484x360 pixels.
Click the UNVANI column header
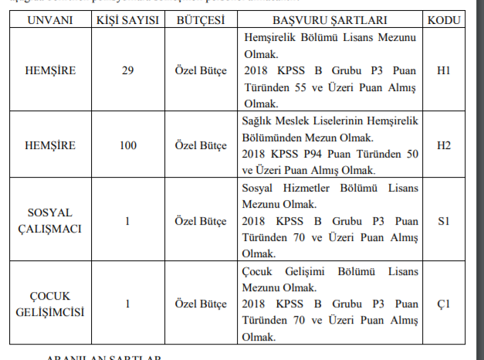click(49, 19)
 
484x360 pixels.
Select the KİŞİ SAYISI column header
click(127, 19)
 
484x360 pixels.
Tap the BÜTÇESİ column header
click(199, 19)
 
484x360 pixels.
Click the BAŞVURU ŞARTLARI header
click(330, 19)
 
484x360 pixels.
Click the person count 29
click(127, 70)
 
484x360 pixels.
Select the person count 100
click(127, 144)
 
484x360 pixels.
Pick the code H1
click(444, 70)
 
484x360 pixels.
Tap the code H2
click(444, 144)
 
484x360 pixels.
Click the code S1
click(444, 222)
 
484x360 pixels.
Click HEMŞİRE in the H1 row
click(49, 70)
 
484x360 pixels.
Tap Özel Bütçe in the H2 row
click(200, 144)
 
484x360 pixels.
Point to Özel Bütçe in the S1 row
click(200, 222)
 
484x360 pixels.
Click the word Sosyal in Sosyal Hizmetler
click(259, 188)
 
